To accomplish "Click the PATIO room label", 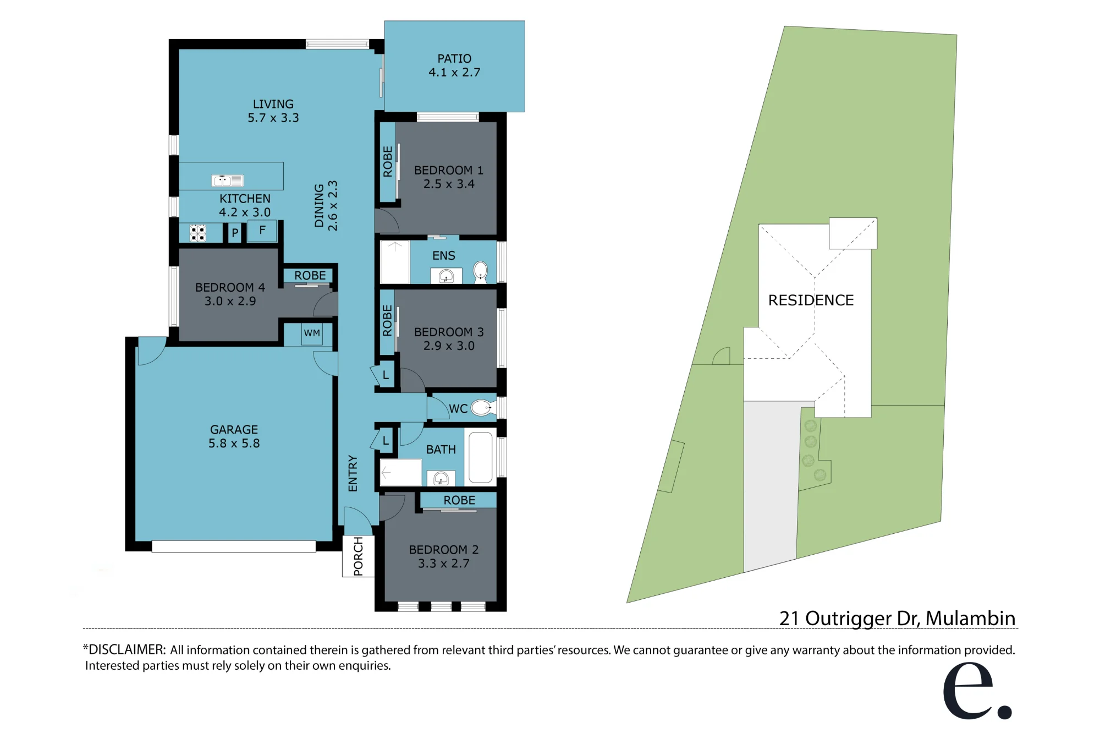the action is pos(454,58).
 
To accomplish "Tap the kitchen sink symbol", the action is pos(228,180).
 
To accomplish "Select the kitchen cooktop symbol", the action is pos(198,233).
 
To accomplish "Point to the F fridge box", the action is pos(262,231).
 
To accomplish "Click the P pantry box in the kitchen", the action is pos(235,233).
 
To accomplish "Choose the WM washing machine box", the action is pos(312,333).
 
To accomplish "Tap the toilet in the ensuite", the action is pos(481,271).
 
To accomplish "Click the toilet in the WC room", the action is pos(482,408).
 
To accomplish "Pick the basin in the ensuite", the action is pos(446,276).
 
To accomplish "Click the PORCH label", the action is pos(358,556).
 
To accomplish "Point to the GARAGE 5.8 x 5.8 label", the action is pos(234,436).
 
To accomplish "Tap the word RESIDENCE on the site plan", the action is pos(811,300).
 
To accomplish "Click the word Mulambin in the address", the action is pos(970,618).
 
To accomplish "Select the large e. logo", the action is pos(977,691).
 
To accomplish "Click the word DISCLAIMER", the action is pos(126,649).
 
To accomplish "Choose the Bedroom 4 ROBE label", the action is pos(310,275).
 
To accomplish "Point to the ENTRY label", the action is pos(353,473).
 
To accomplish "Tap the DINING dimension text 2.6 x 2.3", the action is pos(332,206).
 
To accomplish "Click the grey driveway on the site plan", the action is pos(771,484).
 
